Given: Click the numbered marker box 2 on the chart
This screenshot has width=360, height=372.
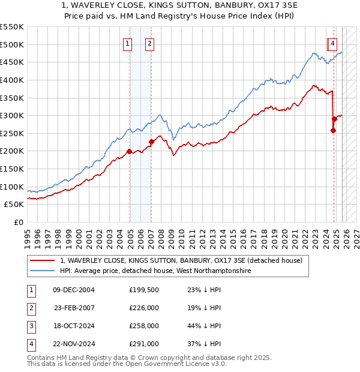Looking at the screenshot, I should coord(149,43).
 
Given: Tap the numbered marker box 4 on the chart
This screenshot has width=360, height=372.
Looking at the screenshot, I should coord(332,43).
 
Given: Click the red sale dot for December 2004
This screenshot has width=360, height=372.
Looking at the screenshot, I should coord(129,151).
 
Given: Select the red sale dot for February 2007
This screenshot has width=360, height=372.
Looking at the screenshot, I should coord(151,142).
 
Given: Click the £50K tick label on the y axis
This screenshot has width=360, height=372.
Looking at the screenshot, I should coord(14,205).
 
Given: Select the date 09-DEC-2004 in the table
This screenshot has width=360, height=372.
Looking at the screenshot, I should coord(74,290).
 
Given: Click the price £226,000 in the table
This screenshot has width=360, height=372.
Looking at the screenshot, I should coord(144,308).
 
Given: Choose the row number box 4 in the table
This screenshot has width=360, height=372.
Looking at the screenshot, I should coord(31,344).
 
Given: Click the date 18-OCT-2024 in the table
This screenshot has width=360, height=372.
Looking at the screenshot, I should coord(74,326).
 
